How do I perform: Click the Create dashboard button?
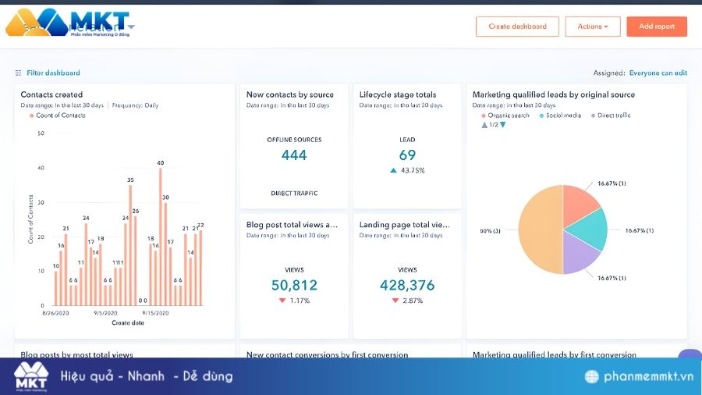click(517, 27)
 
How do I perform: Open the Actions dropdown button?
click(593, 27)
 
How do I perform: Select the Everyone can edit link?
click(658, 73)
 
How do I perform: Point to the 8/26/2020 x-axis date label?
click(55, 313)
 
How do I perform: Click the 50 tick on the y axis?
click(41, 133)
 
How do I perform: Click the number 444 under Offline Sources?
click(294, 155)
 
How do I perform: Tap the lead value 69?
click(407, 155)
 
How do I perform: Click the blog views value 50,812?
click(294, 286)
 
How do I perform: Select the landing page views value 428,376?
click(407, 286)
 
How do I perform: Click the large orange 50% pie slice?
click(540, 230)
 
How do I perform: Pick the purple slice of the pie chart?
click(581, 256)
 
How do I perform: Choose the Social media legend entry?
click(561, 116)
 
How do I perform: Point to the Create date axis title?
click(127, 322)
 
